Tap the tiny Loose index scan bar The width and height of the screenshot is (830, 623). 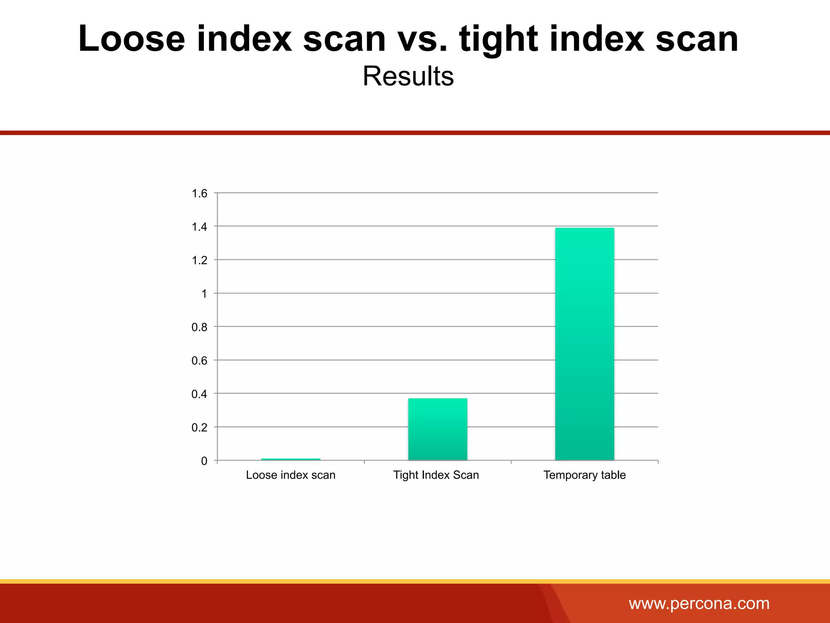click(291, 459)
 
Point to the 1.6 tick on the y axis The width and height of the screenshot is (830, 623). click(199, 193)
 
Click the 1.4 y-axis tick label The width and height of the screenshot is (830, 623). click(199, 227)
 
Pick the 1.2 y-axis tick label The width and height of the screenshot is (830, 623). click(199, 260)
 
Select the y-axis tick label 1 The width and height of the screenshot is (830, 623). click(204, 294)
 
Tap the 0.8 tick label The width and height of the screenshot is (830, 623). click(199, 327)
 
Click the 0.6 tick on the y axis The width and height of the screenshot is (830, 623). click(199, 361)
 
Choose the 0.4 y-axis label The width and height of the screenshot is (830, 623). click(199, 394)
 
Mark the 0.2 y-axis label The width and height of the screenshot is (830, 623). click(199, 428)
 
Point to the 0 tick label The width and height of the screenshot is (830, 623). click(204, 461)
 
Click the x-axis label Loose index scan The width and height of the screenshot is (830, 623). click(291, 475)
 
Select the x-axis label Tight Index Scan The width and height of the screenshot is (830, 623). click(436, 475)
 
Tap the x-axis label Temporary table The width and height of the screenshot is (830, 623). click(584, 475)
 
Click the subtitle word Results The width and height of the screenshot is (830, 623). click(408, 76)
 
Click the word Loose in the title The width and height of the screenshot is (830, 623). click(132, 39)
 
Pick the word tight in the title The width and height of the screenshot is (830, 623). click(498, 40)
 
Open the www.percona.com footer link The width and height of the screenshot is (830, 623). click(699, 604)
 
